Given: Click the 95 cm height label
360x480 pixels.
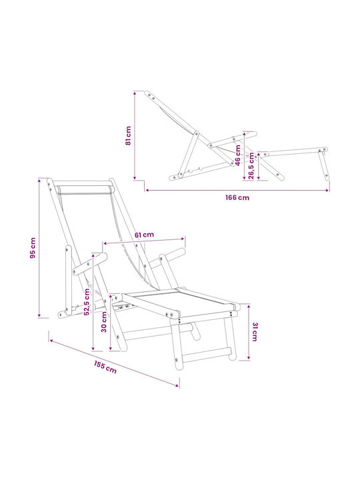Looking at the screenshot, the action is click(33, 247).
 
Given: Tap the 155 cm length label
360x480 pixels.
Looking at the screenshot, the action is click(105, 367).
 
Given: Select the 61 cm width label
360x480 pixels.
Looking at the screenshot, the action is click(144, 235).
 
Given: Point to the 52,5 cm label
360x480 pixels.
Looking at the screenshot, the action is click(87, 301).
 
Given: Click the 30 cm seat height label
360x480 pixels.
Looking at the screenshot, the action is click(104, 322).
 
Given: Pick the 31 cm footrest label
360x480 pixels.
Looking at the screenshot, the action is click(255, 332).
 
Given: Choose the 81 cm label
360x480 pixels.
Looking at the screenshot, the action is click(128, 135).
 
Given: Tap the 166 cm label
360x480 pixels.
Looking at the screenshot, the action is click(237, 198).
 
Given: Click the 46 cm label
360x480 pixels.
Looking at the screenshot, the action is click(238, 155).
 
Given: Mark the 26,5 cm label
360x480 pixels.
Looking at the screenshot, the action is click(251, 165).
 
